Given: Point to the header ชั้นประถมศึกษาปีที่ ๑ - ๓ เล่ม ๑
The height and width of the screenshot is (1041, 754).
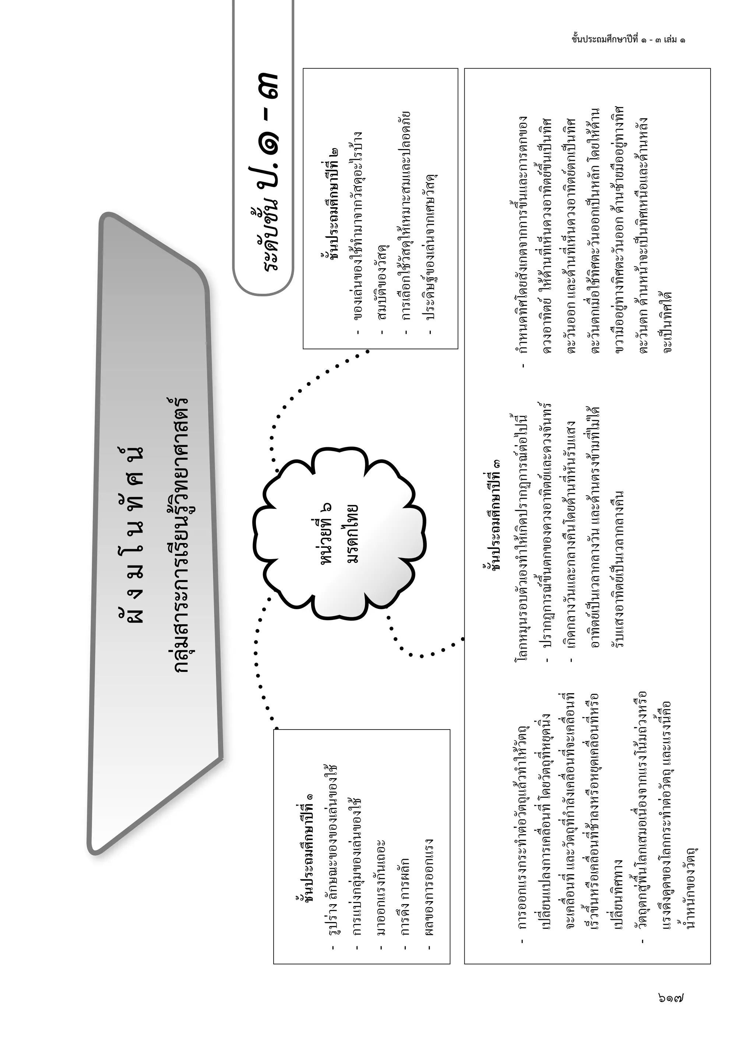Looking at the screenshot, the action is pos(629,39).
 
